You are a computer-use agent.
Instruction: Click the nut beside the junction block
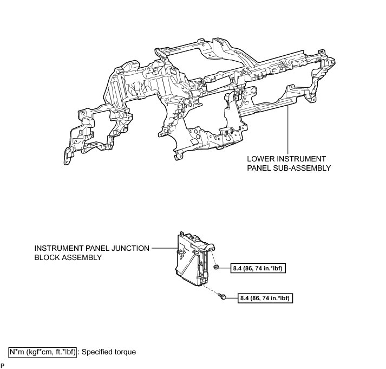point(217,268)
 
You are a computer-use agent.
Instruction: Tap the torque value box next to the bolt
point(265,297)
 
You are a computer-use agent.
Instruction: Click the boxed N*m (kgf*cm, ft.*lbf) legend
point(42,352)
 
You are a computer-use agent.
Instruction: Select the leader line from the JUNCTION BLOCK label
point(162,248)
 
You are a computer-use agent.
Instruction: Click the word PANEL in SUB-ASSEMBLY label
point(261,168)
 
